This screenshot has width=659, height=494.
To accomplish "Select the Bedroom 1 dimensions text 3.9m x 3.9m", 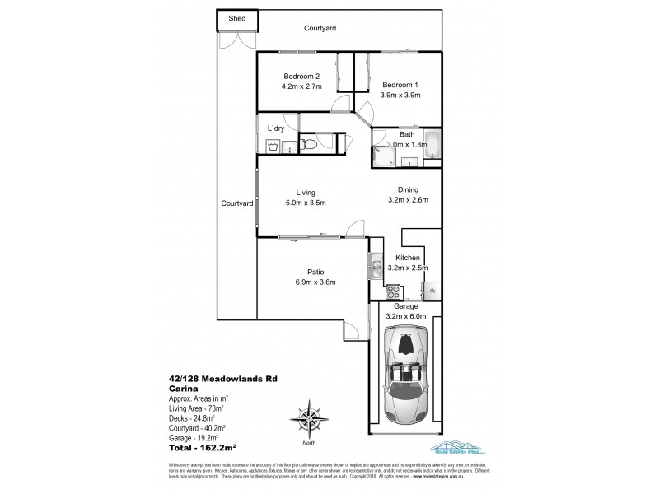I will (x=401, y=95).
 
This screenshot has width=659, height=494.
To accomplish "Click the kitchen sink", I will (x=375, y=265).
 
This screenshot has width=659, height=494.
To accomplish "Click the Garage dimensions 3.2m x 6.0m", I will (x=404, y=315).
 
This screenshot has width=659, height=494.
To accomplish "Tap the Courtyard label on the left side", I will (x=236, y=203).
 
